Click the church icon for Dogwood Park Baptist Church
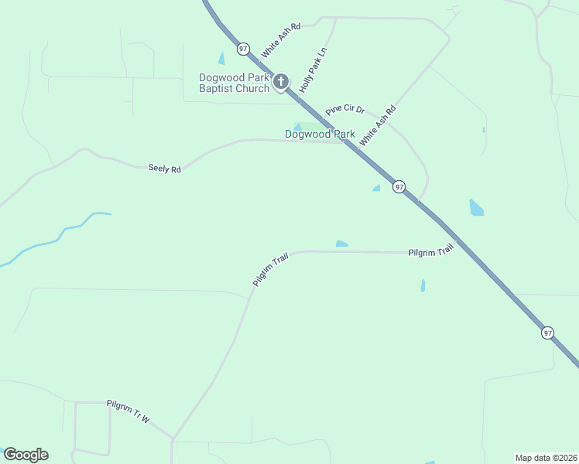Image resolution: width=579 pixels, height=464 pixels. [280, 81]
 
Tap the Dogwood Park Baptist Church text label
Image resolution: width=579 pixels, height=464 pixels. [234, 83]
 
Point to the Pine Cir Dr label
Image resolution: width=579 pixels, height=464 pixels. [344, 110]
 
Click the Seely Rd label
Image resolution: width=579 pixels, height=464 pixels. [164, 168]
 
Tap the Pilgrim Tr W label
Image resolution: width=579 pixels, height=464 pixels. [128, 410]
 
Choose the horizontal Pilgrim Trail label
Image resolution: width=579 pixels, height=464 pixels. [430, 252]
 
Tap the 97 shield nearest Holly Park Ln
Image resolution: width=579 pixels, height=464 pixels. [244, 49]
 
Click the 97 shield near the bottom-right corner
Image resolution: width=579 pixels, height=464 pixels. [547, 333]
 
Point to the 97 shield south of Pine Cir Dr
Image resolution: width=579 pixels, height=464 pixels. [399, 187]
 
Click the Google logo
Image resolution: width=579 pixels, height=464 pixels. [26, 455]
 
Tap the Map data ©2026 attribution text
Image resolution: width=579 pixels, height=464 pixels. [546, 457]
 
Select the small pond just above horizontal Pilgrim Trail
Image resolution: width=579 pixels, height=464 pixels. [341, 244]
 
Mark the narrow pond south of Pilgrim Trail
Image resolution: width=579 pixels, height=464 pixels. [423, 285]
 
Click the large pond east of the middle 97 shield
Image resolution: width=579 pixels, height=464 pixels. [476, 207]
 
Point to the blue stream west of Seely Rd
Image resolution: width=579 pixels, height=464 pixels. [58, 236]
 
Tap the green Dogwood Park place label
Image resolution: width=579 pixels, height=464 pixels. [320, 134]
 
